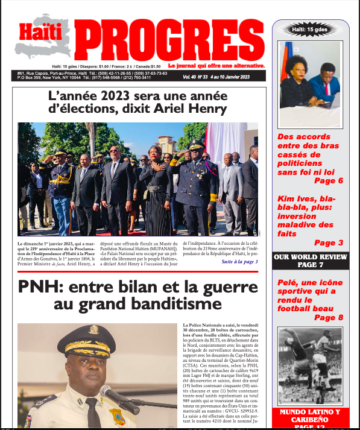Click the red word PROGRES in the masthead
[x=171, y=40]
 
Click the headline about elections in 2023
[x=138, y=102]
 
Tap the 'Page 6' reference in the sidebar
[x=328, y=180]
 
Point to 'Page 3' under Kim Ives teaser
[x=328, y=243]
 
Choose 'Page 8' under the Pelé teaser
[x=328, y=317]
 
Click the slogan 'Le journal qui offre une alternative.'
[x=216, y=65]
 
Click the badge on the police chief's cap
[x=94, y=330]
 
